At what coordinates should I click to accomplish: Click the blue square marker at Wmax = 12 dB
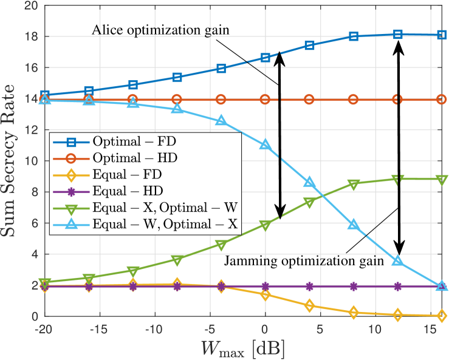point(397,35)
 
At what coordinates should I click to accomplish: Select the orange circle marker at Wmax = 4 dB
point(309,99)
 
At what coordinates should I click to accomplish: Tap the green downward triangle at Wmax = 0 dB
point(265,225)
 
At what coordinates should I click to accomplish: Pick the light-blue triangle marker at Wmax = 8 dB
point(354,225)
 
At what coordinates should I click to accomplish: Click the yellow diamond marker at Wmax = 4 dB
point(309,305)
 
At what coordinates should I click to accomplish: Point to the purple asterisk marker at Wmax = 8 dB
point(354,286)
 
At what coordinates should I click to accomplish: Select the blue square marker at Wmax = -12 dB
point(133,84)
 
